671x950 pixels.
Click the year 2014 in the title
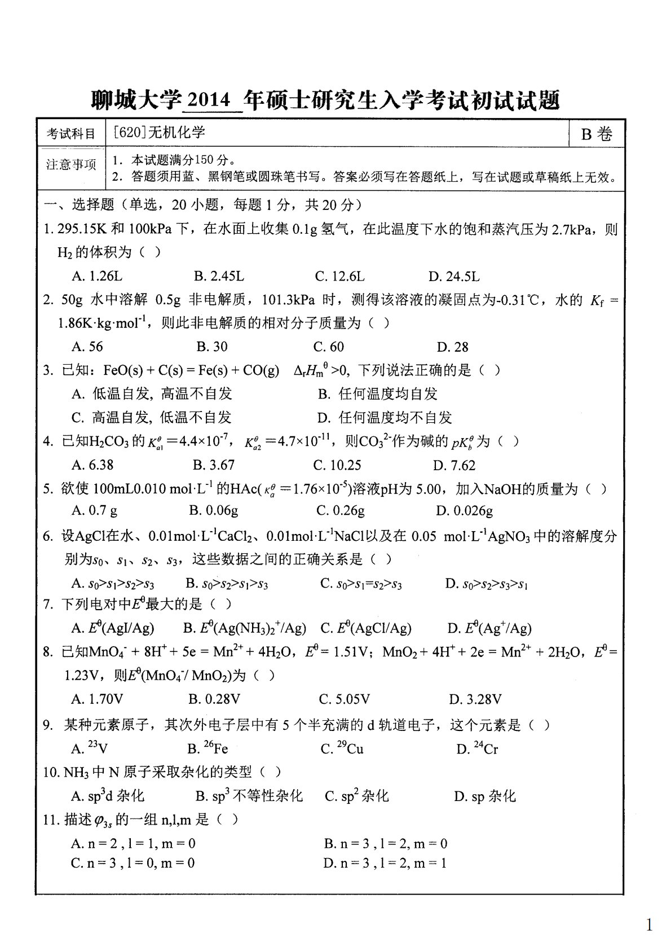pyautogui.click(x=208, y=100)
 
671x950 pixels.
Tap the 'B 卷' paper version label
pyautogui.click(x=597, y=134)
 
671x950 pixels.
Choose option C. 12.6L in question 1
pyautogui.click(x=339, y=277)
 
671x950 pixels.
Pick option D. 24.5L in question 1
pyautogui.click(x=454, y=277)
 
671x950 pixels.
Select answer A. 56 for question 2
pyautogui.click(x=87, y=347)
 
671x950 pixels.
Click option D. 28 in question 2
pyautogui.click(x=452, y=347)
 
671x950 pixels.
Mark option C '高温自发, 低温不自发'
pyautogui.click(x=152, y=418)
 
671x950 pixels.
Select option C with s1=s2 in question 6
pyautogui.click(x=361, y=584)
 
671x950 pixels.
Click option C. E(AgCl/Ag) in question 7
pyautogui.click(x=366, y=628)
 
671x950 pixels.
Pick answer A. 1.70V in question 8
pyautogui.click(x=97, y=699)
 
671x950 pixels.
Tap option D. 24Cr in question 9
pyautogui.click(x=477, y=749)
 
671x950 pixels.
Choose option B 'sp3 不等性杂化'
pyautogui.click(x=249, y=796)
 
